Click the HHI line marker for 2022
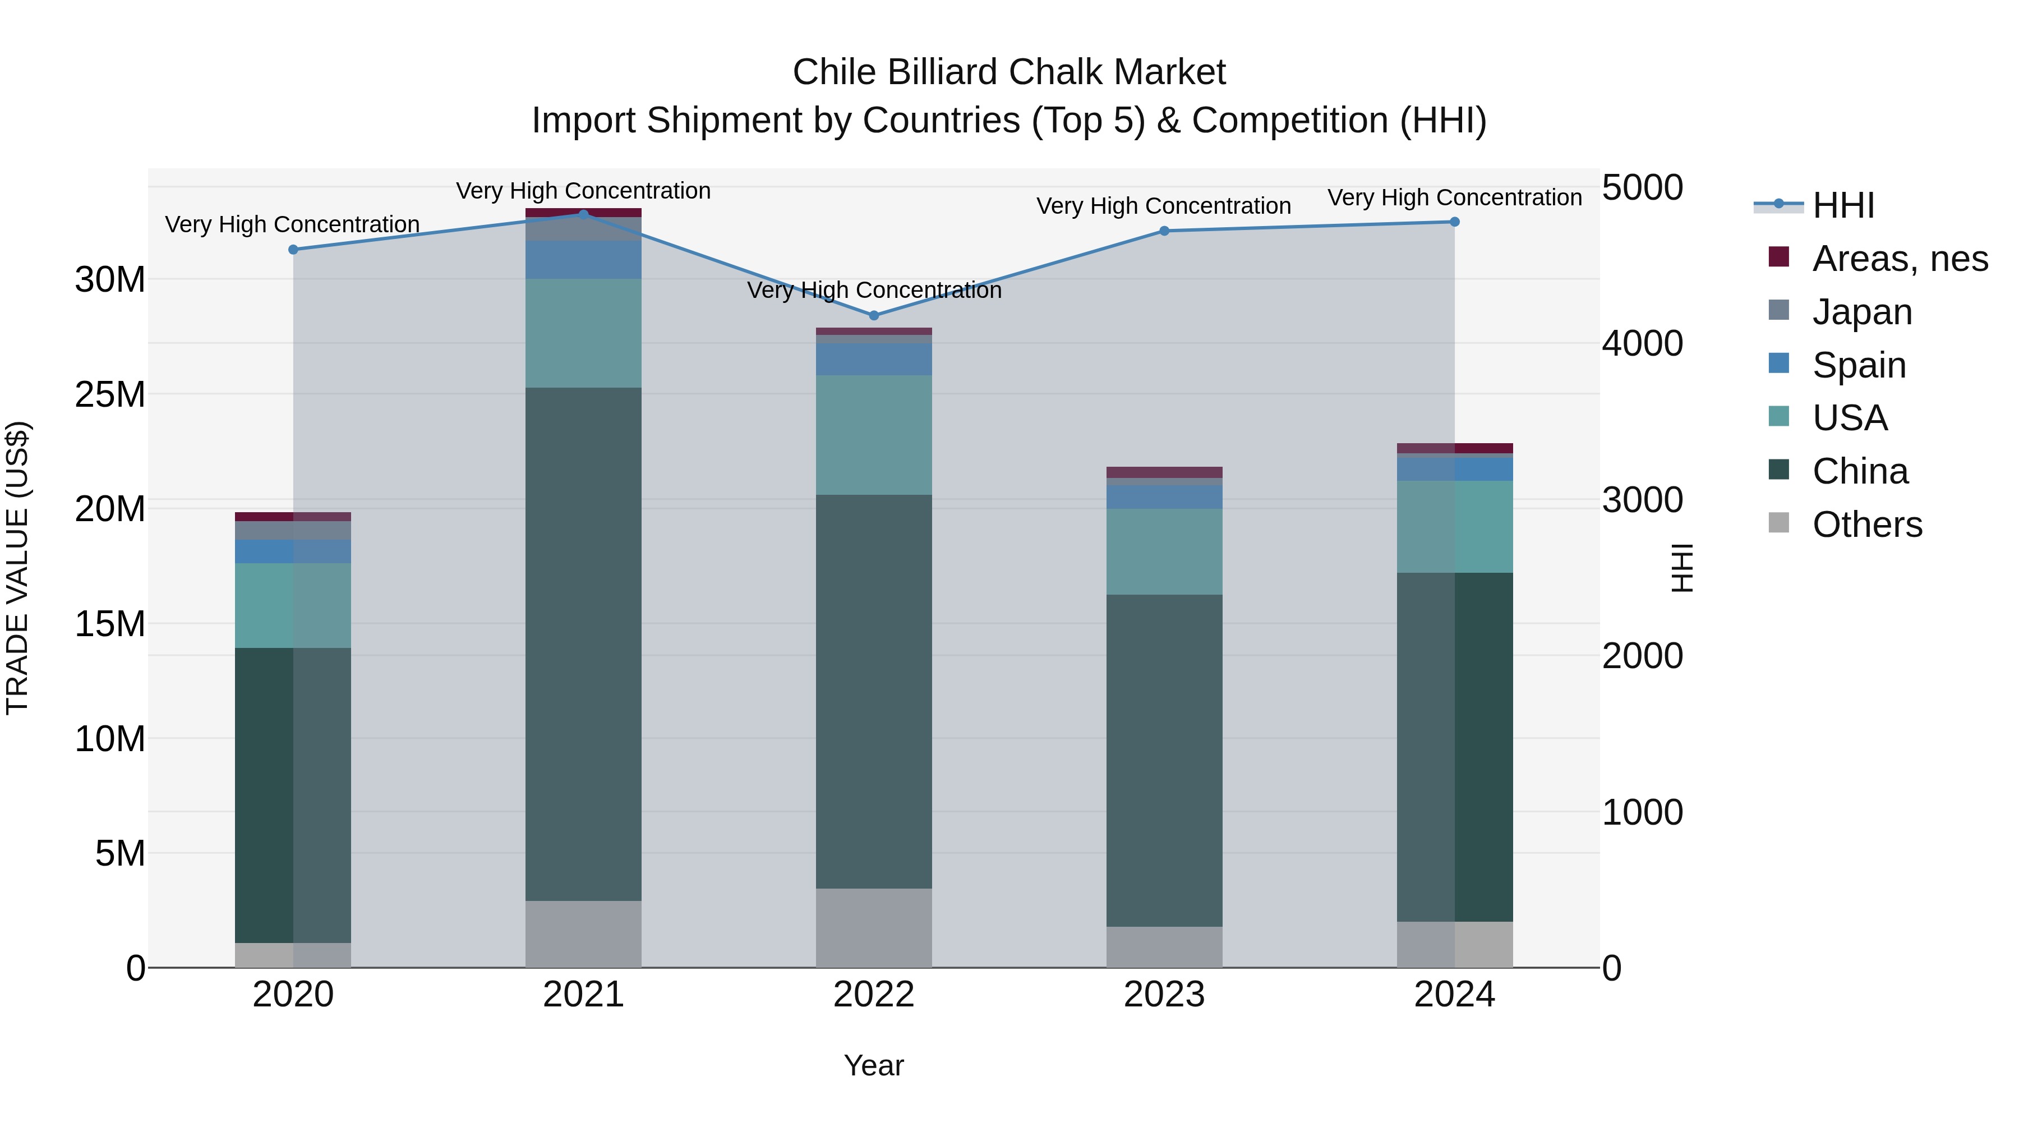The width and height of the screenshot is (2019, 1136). [x=874, y=316]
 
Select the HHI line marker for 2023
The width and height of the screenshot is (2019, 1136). [x=1164, y=231]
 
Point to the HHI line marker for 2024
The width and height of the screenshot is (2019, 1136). [x=1455, y=222]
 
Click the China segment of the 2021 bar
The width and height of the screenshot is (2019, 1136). [x=583, y=643]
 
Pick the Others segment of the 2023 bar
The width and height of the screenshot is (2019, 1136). [x=1164, y=946]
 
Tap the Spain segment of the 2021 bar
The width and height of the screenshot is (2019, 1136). [x=583, y=260]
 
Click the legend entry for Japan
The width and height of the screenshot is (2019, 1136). [x=1861, y=312]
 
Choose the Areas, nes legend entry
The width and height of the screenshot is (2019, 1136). [x=1899, y=259]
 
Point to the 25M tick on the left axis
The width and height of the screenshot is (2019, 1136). [x=110, y=394]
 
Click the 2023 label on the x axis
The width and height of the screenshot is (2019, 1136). [x=1164, y=995]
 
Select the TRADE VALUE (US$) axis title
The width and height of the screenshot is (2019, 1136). [x=17, y=568]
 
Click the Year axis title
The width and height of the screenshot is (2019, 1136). [x=874, y=1065]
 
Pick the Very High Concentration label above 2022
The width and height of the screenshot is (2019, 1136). [x=874, y=290]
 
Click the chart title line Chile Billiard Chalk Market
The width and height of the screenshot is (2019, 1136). [x=1009, y=72]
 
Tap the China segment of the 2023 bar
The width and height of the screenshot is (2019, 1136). [x=1164, y=761]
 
